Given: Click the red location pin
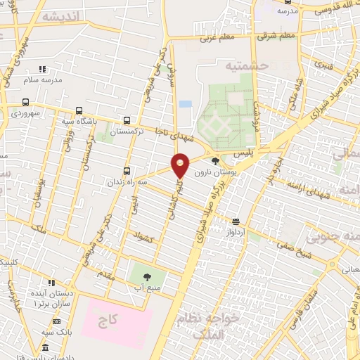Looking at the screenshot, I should coord(181,165).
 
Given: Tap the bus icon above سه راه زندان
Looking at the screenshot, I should coord(127,170).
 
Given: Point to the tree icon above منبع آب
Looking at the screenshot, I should coord(148,276).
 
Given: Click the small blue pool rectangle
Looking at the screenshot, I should coord(185,104).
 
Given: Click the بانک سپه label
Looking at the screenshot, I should coord(56,331).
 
